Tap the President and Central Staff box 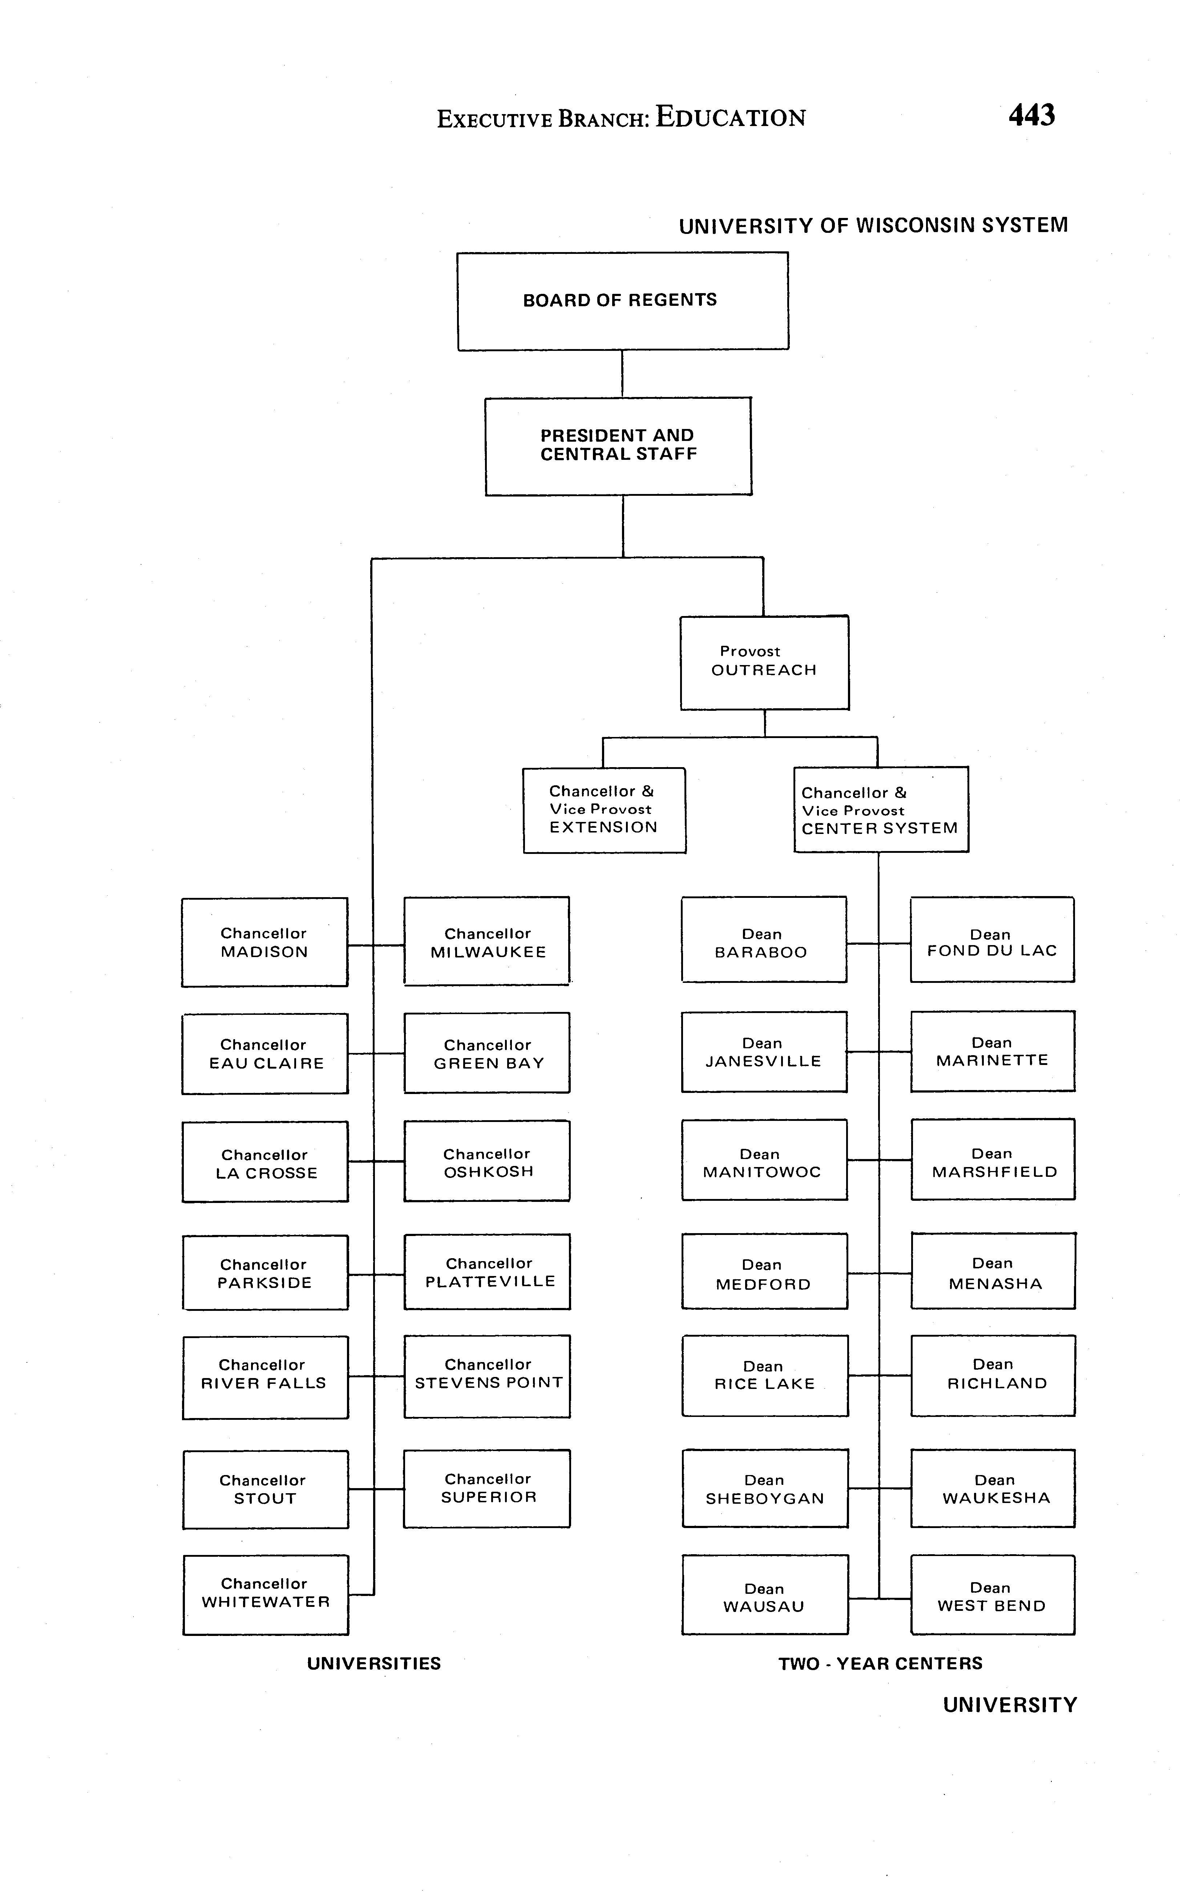618,446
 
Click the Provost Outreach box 764,663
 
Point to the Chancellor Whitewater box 265,1594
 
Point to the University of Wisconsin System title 873,226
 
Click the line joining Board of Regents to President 622,374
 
